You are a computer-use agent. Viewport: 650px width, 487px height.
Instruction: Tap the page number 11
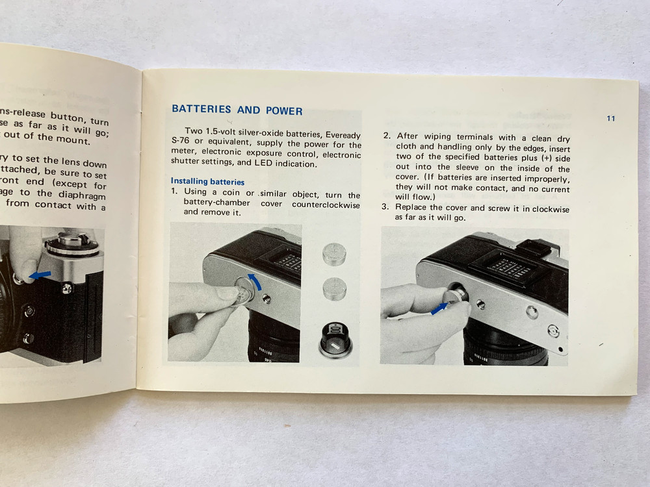click(610, 118)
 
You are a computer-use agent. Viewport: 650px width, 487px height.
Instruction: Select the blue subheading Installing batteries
click(207, 181)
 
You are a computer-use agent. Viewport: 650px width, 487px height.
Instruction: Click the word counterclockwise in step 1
click(326, 204)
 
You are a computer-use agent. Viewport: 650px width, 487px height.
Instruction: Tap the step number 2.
click(386, 136)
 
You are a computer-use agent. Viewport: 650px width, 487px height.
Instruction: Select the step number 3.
click(385, 207)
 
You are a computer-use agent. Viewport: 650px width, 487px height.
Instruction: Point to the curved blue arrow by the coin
click(257, 281)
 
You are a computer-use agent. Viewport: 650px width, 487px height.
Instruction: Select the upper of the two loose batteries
click(334, 254)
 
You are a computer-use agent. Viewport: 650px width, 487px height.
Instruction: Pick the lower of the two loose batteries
click(334, 286)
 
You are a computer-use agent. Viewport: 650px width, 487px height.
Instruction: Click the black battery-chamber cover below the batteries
click(335, 338)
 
